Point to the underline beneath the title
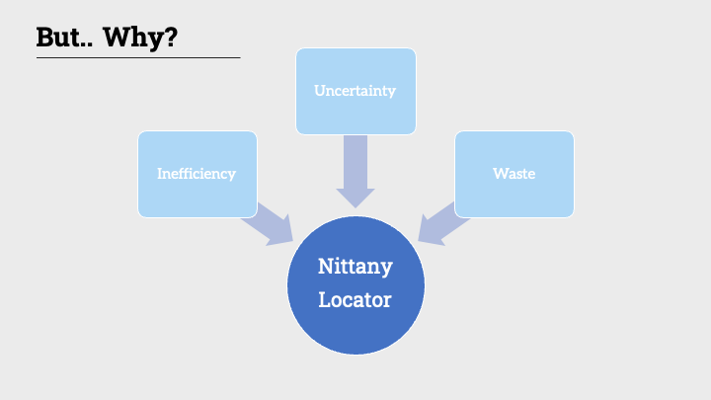138,57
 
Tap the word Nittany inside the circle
355,267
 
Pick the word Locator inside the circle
355,298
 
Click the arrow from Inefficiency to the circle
270,223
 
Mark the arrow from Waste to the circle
440,223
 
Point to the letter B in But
45,37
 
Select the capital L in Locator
324,298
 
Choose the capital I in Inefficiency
160,174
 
